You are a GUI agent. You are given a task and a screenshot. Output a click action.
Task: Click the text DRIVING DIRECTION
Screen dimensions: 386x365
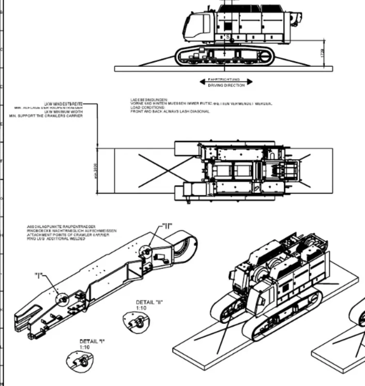pyautogui.click(x=226, y=85)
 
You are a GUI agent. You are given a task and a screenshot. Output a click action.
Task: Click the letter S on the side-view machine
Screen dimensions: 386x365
pyautogui.click(x=228, y=37)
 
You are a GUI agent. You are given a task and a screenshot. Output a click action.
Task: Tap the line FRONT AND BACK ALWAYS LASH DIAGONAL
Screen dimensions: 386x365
pyautogui.click(x=169, y=111)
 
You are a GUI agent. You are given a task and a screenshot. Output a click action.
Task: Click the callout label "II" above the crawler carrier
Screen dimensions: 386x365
pyautogui.click(x=167, y=225)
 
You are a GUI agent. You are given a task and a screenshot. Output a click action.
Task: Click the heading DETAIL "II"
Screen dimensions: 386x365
pyautogui.click(x=149, y=302)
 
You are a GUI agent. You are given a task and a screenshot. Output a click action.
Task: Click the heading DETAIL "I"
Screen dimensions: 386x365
pyautogui.click(x=92, y=341)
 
